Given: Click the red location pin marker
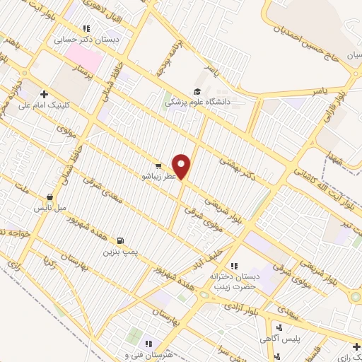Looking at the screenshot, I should click(x=182, y=165).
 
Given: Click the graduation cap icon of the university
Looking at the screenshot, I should click(x=197, y=91).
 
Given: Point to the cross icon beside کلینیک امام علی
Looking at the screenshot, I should click(x=44, y=93).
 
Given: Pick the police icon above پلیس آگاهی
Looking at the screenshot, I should click(x=279, y=327).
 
